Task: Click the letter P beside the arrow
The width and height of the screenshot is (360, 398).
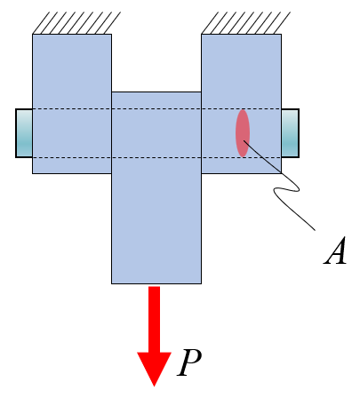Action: pyautogui.click(x=188, y=362)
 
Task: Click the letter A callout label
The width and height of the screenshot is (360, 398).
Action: pyautogui.click(x=335, y=251)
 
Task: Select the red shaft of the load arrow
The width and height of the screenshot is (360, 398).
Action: pyautogui.click(x=154, y=319)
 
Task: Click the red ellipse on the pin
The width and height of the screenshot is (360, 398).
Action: pyautogui.click(x=243, y=133)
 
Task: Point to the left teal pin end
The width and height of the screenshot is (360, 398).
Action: pyautogui.click(x=24, y=133)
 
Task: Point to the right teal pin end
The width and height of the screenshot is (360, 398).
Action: pyautogui.click(x=290, y=133)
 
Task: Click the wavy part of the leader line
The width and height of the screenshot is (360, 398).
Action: pyautogui.click(x=286, y=189)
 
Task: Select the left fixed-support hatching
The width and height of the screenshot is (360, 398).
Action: pyautogui.click(x=76, y=23)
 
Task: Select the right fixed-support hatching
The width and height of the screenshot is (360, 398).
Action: pyautogui.click(x=246, y=23)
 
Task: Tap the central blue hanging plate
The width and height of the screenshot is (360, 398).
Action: pyautogui.click(x=156, y=207)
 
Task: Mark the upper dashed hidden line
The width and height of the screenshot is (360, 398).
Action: pyautogui.click(x=156, y=109)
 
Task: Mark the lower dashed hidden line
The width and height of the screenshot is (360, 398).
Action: pyautogui.click(x=156, y=157)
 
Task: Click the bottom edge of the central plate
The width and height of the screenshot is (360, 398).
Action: pyautogui.click(x=156, y=283)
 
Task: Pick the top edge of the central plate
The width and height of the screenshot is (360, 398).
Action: pyautogui.click(x=156, y=92)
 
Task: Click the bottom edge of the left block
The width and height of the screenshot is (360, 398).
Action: pyautogui.click(x=72, y=173)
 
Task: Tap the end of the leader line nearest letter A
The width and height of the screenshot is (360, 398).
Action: pyautogui.click(x=315, y=230)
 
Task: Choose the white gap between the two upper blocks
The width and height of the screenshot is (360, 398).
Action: pyautogui.click(x=156, y=63)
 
